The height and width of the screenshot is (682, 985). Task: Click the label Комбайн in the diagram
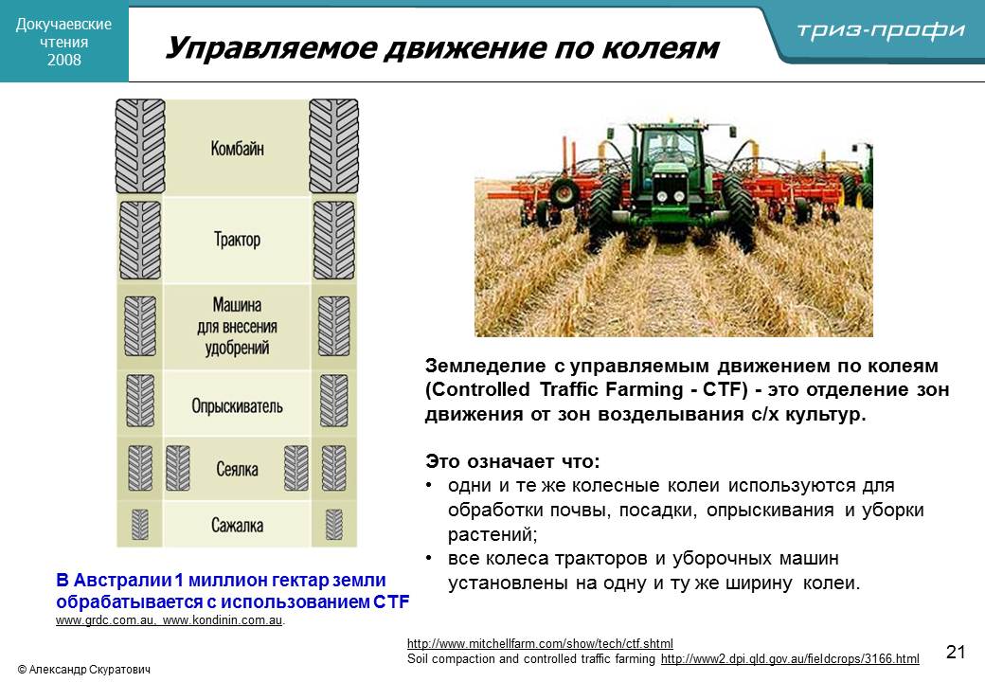(237, 149)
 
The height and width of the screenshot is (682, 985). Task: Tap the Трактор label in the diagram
(237, 240)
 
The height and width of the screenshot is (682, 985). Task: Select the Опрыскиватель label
(237, 406)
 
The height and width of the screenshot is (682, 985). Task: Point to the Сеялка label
(237, 469)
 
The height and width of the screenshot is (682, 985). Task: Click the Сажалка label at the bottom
(237, 525)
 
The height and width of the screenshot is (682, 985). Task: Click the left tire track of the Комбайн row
(140, 146)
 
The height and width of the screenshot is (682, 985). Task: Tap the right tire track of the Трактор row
(333, 241)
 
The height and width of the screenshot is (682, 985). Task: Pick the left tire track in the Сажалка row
(140, 525)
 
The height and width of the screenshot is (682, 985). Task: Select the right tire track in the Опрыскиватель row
(333, 401)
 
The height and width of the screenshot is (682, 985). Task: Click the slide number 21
(956, 652)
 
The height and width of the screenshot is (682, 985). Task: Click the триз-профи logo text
(881, 30)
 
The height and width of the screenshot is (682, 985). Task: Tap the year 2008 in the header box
(64, 60)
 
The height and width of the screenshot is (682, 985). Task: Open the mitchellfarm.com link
(540, 644)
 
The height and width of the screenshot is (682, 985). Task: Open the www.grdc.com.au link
(105, 620)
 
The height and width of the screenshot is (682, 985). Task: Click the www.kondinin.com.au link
(223, 620)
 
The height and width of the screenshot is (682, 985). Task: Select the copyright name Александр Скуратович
(89, 670)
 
